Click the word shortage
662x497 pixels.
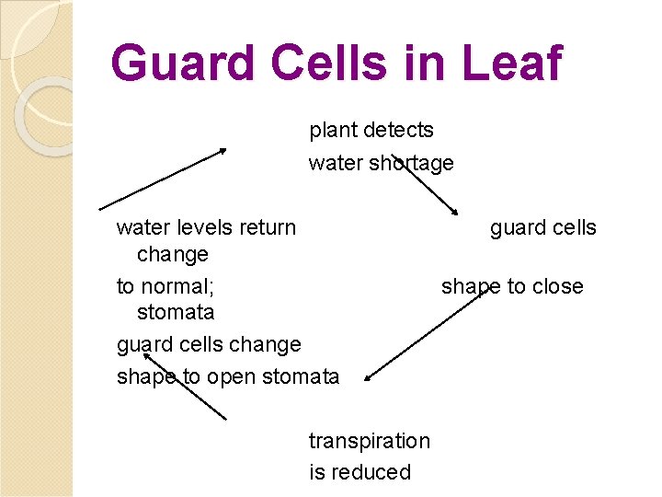coord(411,163)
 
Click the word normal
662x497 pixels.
coord(178,286)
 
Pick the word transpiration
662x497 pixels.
coord(369,441)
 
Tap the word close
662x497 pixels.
coord(557,286)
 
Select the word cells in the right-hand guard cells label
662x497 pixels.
coord(572,227)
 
